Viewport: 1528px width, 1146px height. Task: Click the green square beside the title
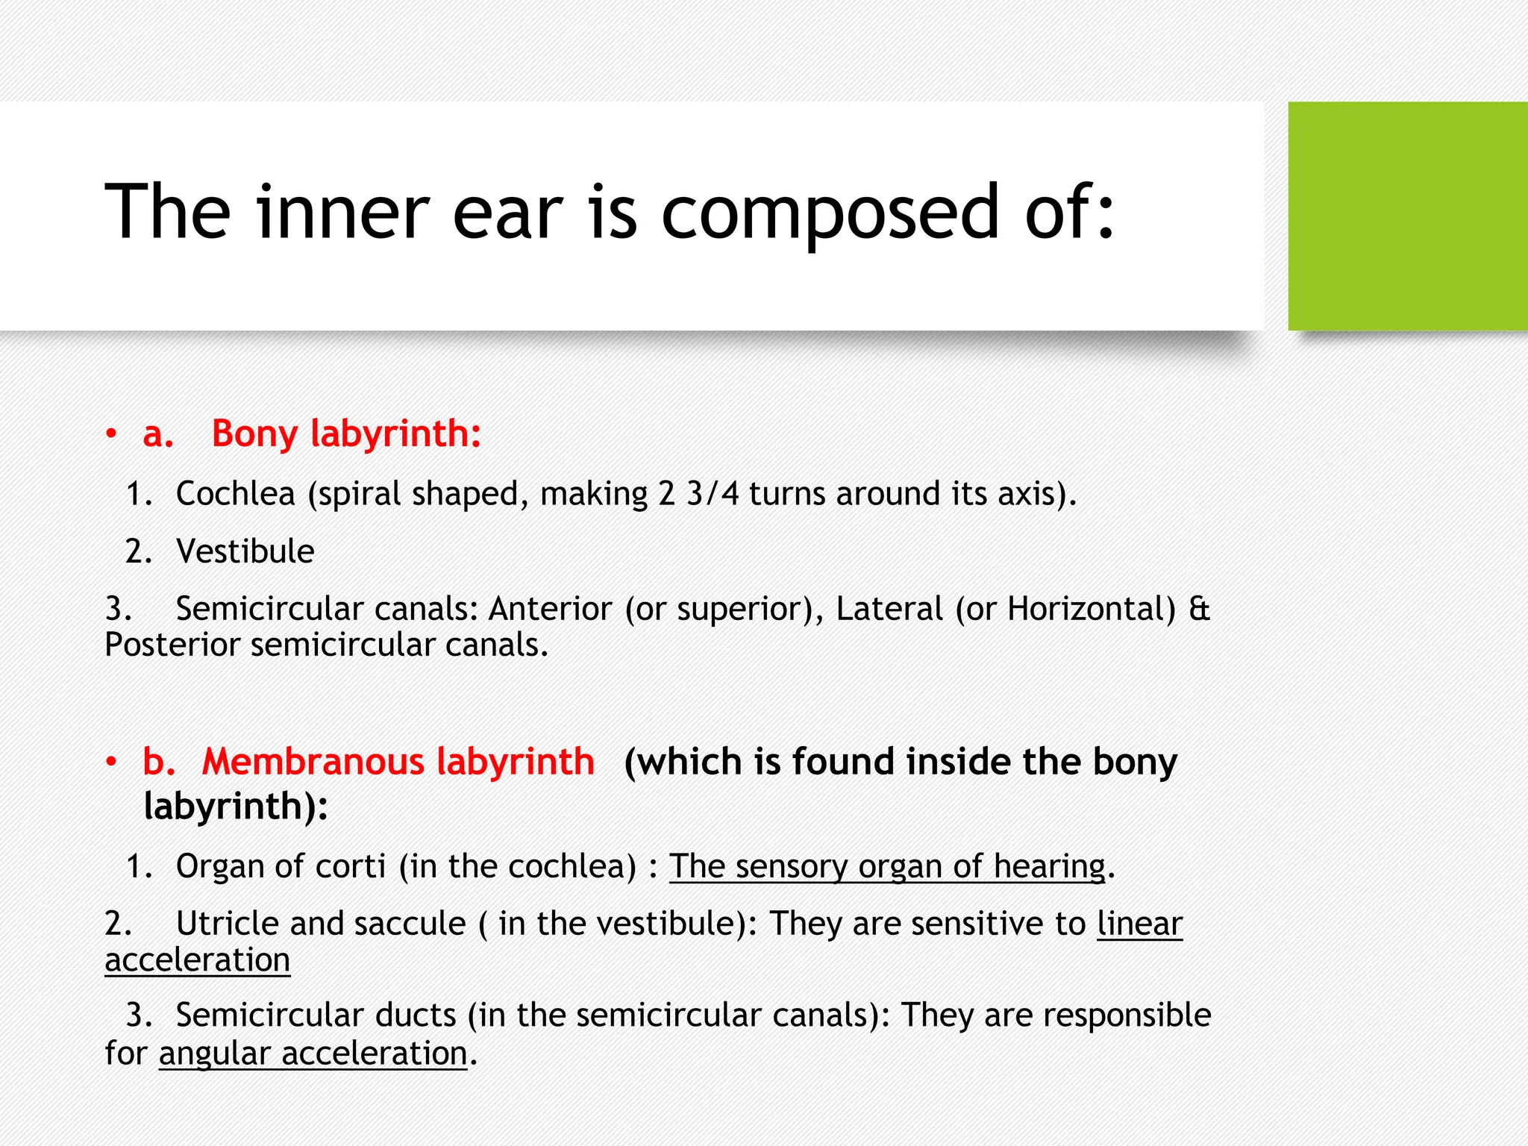(1407, 216)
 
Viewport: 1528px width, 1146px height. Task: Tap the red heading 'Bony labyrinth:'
(346, 433)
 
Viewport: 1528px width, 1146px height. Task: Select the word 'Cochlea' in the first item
(236, 494)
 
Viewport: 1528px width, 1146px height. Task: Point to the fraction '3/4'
(713, 494)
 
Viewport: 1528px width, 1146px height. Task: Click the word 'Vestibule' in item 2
(245, 552)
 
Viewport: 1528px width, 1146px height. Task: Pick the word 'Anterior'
(550, 609)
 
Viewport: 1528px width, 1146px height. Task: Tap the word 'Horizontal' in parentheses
(1091, 609)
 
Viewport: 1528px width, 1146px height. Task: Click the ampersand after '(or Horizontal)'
(1199, 609)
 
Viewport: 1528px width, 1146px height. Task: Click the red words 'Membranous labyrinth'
(398, 762)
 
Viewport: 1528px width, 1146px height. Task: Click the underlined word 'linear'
(1139, 924)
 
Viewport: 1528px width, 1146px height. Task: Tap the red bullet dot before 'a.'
(111, 433)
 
